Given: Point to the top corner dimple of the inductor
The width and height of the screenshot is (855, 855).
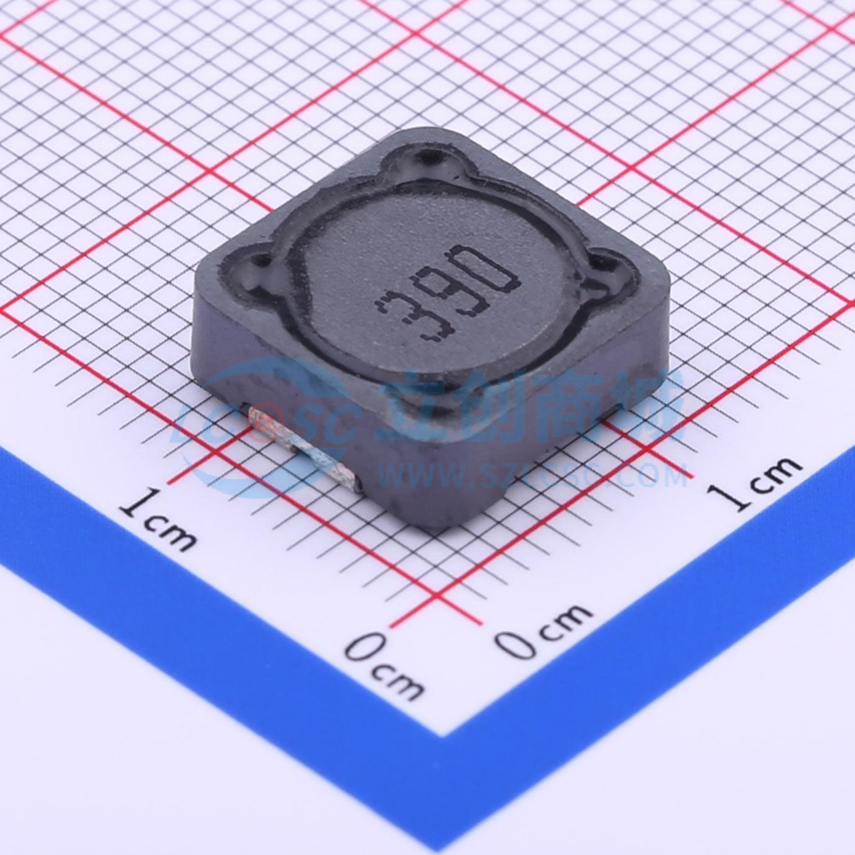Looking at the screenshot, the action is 431,156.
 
